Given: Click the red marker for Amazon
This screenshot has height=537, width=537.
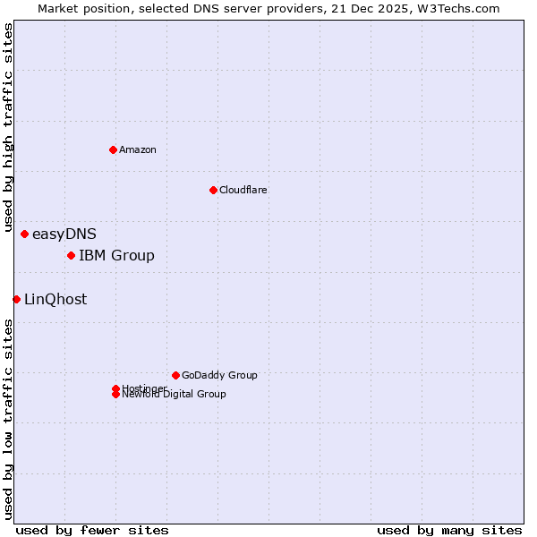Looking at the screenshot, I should pos(113,149).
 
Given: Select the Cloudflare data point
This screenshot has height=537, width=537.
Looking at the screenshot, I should pos(213,190).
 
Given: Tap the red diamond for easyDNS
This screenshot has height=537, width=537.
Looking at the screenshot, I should pos(24,234).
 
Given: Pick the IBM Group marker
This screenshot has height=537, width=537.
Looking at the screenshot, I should pos(71,256).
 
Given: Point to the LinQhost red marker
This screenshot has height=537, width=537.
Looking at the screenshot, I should pos(16,299).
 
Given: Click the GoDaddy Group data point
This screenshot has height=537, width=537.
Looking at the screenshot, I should pos(175,375).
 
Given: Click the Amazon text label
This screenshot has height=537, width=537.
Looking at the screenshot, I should pos(138,149).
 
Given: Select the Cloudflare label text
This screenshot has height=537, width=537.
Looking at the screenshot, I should pos(243,190).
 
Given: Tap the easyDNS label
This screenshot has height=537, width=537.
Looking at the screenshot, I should pos(64,234).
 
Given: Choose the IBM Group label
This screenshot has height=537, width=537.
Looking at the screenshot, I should pos(116,256).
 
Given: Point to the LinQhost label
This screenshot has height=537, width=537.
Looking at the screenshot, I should pos(55,300).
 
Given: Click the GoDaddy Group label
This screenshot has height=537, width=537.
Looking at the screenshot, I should pos(219,375).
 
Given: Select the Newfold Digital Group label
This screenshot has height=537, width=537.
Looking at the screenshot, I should pos(175,395).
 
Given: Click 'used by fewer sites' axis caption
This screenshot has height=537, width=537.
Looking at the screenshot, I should pos(92,530).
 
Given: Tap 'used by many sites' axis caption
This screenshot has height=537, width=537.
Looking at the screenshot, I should pos(449,530).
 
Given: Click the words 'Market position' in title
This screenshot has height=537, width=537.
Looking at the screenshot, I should pos(79,8).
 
